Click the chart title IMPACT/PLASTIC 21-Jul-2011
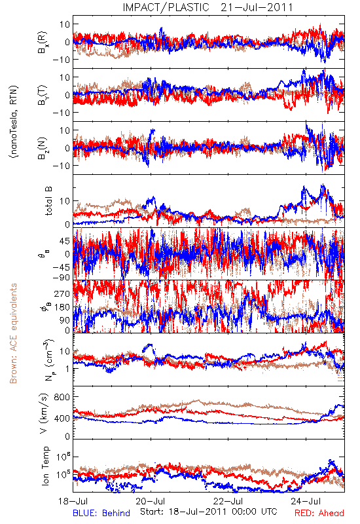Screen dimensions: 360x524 207,7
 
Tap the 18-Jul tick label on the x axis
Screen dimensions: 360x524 73,502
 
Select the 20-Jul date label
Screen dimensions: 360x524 151,502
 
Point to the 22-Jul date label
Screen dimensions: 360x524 228,502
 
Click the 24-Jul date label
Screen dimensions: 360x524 306,502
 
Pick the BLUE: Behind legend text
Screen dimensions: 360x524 101,514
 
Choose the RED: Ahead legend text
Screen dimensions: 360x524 319,514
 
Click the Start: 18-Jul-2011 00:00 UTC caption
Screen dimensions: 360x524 209,512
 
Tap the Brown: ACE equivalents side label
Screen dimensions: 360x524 13,333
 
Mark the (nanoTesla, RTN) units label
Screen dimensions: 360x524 14,122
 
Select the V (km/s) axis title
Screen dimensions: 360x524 44,413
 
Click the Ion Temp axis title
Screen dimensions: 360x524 45,466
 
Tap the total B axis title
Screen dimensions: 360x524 48,201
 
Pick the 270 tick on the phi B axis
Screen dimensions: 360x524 62,293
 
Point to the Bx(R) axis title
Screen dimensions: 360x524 43,42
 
